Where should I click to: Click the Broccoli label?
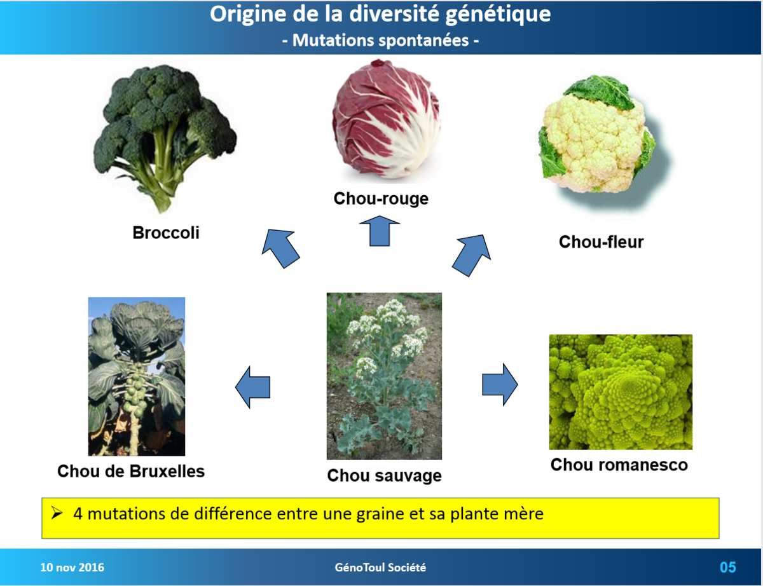click(166, 233)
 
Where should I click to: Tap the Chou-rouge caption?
click(381, 198)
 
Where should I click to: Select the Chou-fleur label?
click(601, 242)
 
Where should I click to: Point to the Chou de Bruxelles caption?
click(131, 471)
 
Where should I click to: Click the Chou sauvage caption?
click(385, 476)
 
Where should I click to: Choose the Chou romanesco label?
click(619, 465)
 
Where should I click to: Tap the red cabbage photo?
click(386, 119)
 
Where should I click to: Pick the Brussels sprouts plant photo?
click(137, 376)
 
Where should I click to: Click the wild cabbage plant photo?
click(384, 376)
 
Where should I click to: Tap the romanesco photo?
click(621, 392)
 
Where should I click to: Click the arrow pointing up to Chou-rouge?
click(380, 231)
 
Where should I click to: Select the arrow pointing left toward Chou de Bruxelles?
click(253, 387)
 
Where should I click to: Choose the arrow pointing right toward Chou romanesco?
click(500, 385)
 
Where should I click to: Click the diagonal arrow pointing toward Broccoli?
click(281, 248)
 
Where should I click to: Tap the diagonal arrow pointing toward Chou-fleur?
click(472, 255)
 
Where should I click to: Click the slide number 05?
click(728, 568)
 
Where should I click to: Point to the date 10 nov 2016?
click(72, 568)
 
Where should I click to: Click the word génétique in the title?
click(498, 15)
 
